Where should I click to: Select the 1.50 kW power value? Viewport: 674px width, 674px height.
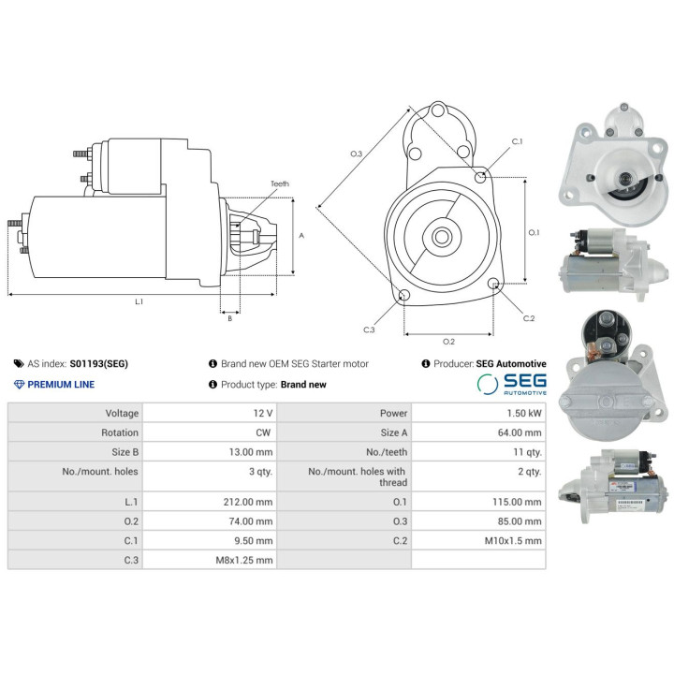524,413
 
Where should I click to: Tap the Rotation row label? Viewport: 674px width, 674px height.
120,432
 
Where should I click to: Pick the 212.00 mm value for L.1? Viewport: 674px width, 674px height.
248,502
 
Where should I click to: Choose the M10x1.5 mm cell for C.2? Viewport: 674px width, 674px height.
513,540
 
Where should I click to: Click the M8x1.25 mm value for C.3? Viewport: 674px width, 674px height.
244,560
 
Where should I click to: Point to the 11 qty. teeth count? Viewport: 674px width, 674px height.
527,452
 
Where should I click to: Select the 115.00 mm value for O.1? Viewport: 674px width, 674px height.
517,502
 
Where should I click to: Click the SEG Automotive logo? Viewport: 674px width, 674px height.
512,384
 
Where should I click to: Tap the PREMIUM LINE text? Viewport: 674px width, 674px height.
61,385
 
